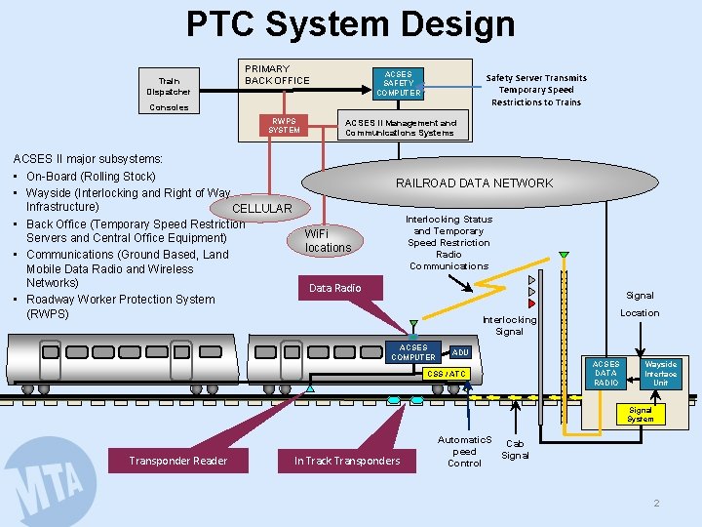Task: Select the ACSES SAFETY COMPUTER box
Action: pyautogui.click(x=398, y=84)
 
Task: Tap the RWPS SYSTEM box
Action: pyautogui.click(x=284, y=126)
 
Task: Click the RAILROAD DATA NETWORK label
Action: pyautogui.click(x=474, y=182)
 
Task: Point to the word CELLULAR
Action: pyautogui.click(x=261, y=208)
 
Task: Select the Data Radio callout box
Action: pyautogui.click(x=334, y=288)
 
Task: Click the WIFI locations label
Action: pyautogui.click(x=328, y=241)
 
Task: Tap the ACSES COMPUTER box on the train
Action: pyautogui.click(x=413, y=352)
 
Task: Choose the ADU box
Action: pyautogui.click(x=460, y=352)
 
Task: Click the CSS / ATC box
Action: pyautogui.click(x=448, y=374)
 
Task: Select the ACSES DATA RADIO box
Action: pyautogui.click(x=605, y=373)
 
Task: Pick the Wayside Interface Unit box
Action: pyautogui.click(x=660, y=373)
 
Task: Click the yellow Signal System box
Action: pyautogui.click(x=641, y=415)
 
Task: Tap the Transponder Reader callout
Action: pyautogui.click(x=178, y=461)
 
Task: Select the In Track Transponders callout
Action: pyautogui.click(x=347, y=461)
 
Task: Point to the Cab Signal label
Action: pyautogui.click(x=515, y=449)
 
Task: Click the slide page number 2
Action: pyautogui.click(x=656, y=503)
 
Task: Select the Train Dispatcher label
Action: pyautogui.click(x=169, y=86)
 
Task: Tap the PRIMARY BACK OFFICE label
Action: pyautogui.click(x=277, y=74)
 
